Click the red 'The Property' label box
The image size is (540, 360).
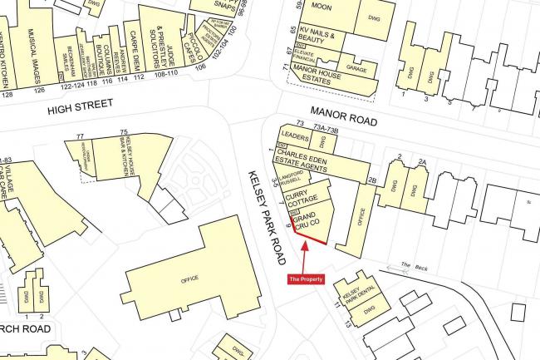tap(305, 279)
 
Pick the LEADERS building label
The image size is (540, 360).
tap(295, 136)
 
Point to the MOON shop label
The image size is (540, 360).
tap(321, 7)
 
